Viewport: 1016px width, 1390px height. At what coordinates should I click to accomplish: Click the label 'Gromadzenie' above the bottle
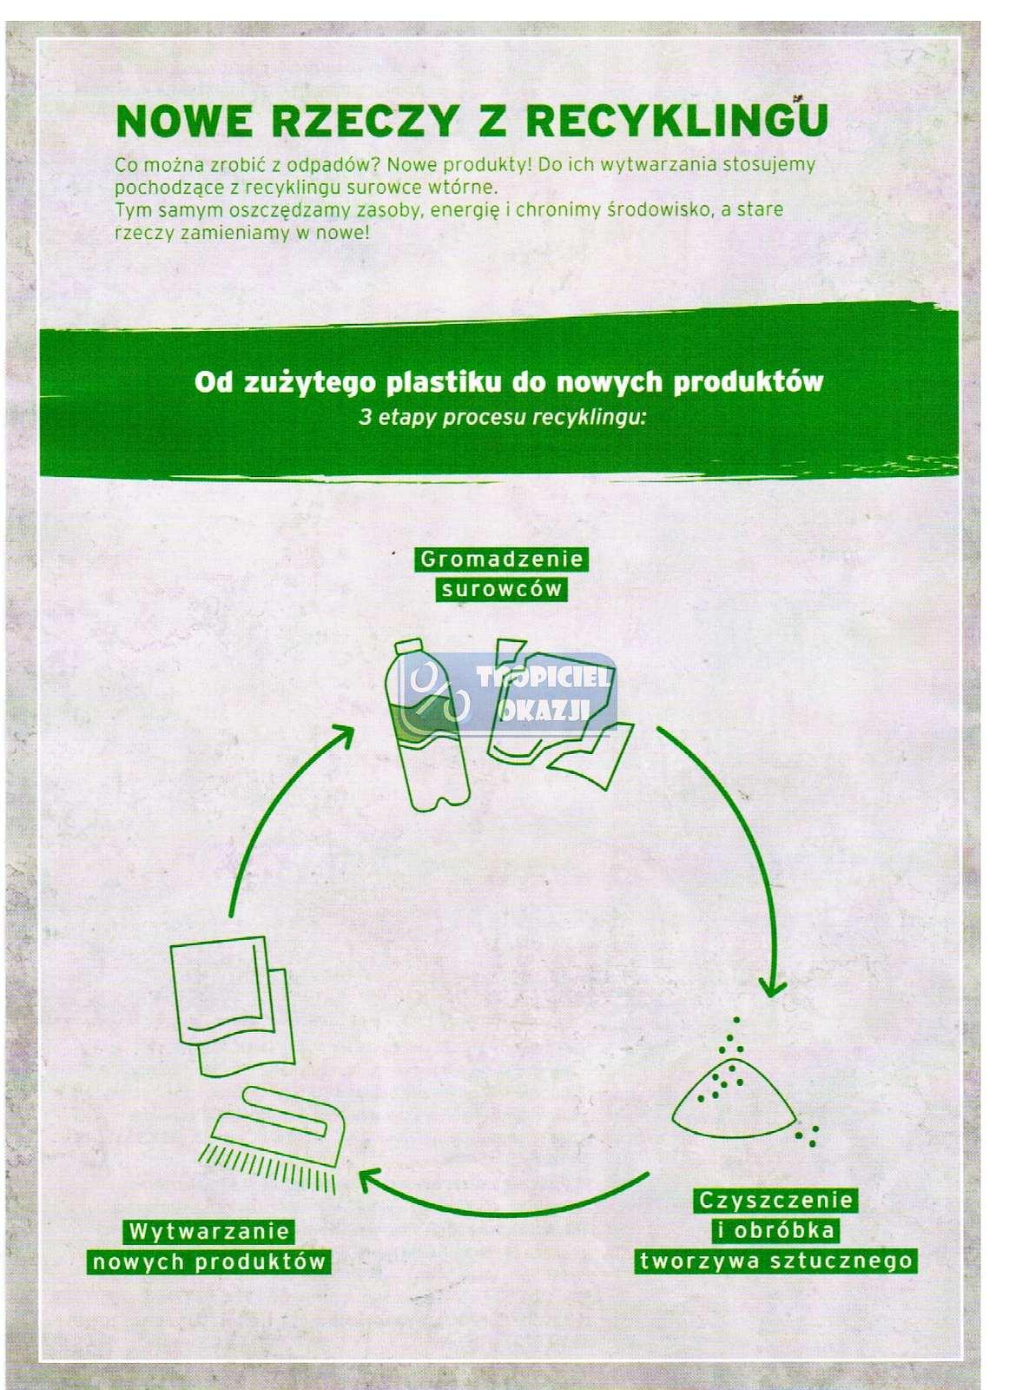(x=501, y=559)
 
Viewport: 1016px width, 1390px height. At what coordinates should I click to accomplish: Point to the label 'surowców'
(x=501, y=590)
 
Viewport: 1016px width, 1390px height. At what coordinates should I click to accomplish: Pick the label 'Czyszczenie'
(x=775, y=1201)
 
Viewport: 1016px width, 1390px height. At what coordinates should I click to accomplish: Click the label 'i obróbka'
(x=775, y=1231)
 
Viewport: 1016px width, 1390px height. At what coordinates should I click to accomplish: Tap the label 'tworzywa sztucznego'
(x=775, y=1261)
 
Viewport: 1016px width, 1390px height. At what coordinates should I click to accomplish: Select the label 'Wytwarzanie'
(x=208, y=1232)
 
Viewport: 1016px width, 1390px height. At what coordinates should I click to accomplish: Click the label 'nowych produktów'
(x=208, y=1261)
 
